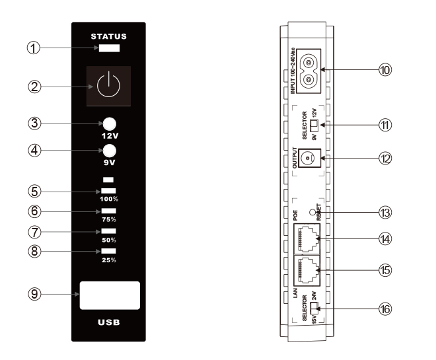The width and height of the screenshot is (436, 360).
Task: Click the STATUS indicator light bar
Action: click(x=109, y=48)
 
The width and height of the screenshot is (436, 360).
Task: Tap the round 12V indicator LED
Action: click(x=110, y=124)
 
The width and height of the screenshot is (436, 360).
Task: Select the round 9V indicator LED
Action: click(x=110, y=151)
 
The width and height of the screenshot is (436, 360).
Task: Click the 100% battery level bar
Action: click(x=108, y=191)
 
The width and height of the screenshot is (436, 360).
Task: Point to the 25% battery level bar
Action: click(x=108, y=251)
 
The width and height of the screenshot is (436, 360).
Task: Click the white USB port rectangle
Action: click(x=110, y=295)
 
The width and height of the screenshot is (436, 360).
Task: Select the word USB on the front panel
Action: click(x=109, y=322)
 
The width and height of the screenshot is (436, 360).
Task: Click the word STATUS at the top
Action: click(x=109, y=36)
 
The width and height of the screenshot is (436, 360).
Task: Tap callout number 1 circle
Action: click(x=34, y=48)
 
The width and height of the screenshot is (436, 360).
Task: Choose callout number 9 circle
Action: click(x=34, y=294)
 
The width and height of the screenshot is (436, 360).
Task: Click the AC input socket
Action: click(x=308, y=71)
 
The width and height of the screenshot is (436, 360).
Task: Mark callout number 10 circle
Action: click(x=385, y=69)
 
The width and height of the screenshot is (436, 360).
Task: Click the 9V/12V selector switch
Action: click(x=314, y=126)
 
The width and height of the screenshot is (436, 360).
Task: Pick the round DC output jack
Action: click(x=308, y=158)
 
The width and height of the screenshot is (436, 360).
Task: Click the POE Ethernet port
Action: click(x=307, y=239)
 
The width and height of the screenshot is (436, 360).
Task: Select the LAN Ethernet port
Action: click(x=307, y=271)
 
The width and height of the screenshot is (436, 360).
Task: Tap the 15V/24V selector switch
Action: click(x=314, y=308)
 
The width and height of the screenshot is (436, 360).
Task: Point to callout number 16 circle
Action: click(x=385, y=309)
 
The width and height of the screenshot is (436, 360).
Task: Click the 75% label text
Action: click(x=109, y=219)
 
